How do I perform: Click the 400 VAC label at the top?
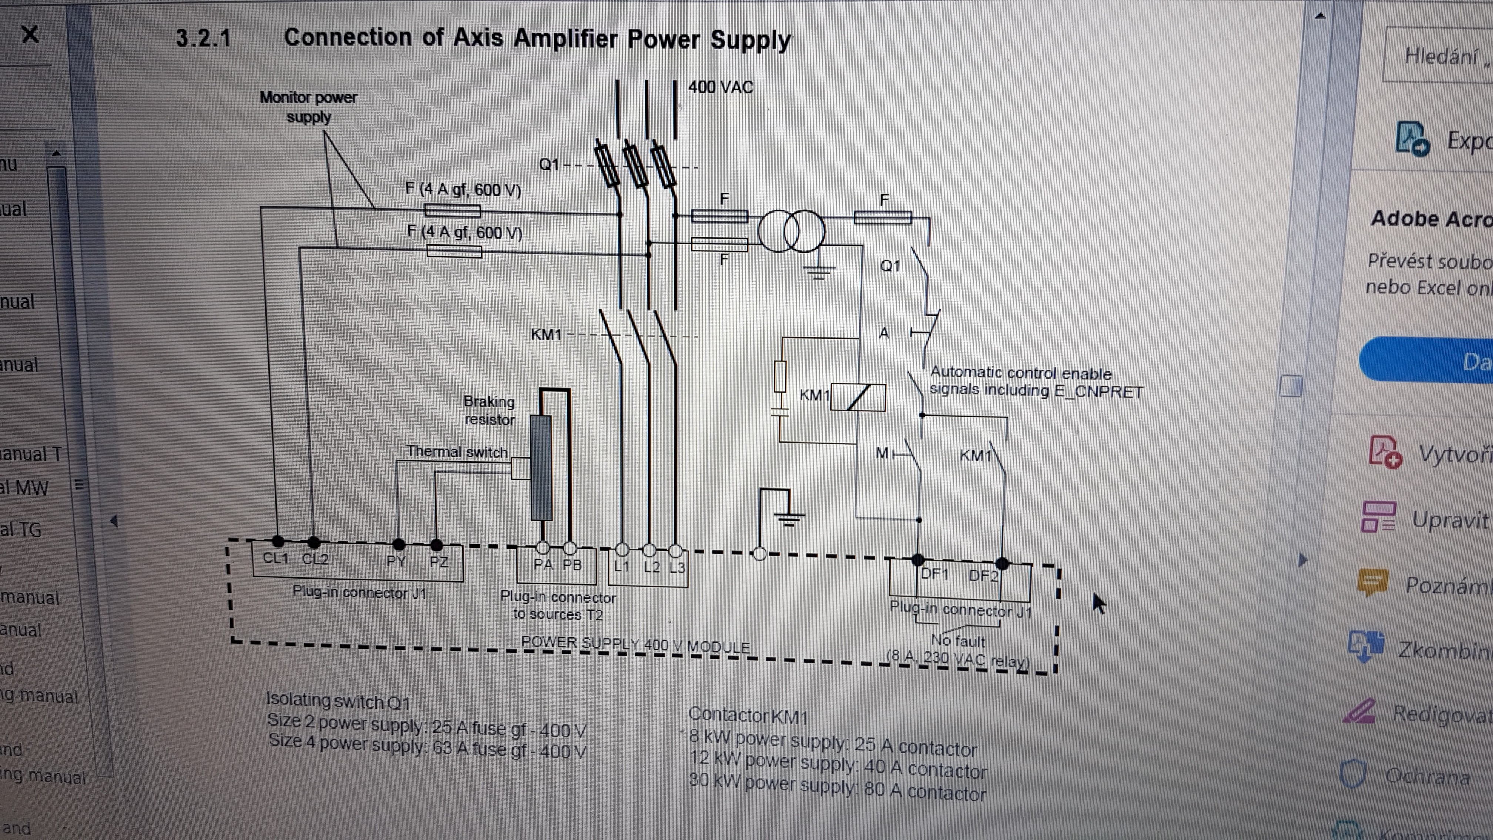point(721,87)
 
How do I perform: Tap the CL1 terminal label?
point(275,558)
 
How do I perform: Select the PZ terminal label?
point(439,561)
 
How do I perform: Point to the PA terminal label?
point(542,564)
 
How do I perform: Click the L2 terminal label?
point(651,566)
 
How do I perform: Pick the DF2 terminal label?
point(983,576)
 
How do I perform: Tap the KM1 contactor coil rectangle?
point(858,398)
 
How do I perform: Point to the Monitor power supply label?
point(308,107)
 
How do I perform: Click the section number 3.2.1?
point(203,38)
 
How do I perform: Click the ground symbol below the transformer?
point(818,270)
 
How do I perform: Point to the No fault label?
point(958,641)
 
